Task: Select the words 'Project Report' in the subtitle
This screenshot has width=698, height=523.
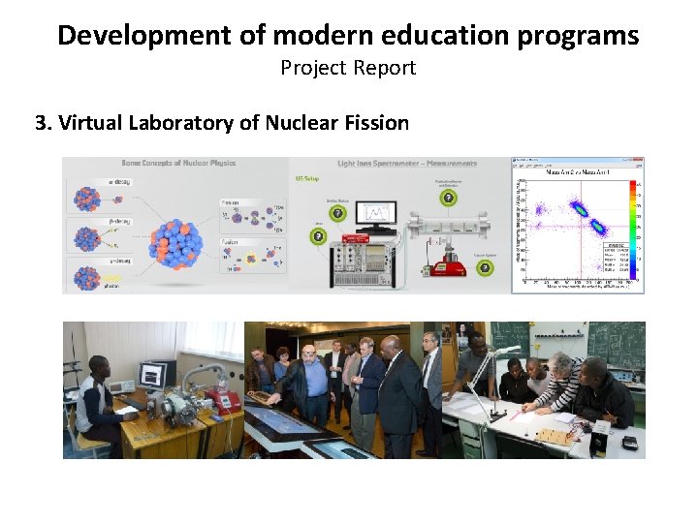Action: (x=348, y=68)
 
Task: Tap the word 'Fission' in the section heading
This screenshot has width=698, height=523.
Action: (x=373, y=123)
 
